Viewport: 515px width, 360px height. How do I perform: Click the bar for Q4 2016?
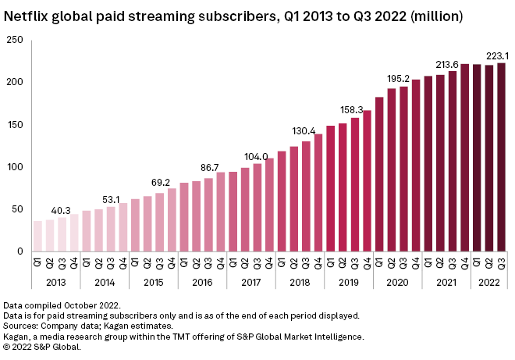[221, 212]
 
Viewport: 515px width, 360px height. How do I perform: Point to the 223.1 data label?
[498, 55]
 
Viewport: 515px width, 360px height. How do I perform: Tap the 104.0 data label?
[257, 156]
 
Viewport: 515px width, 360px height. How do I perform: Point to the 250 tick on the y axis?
[13, 40]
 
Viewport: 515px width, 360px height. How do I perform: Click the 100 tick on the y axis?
[13, 167]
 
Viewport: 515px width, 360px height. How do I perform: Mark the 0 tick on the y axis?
[18, 251]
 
